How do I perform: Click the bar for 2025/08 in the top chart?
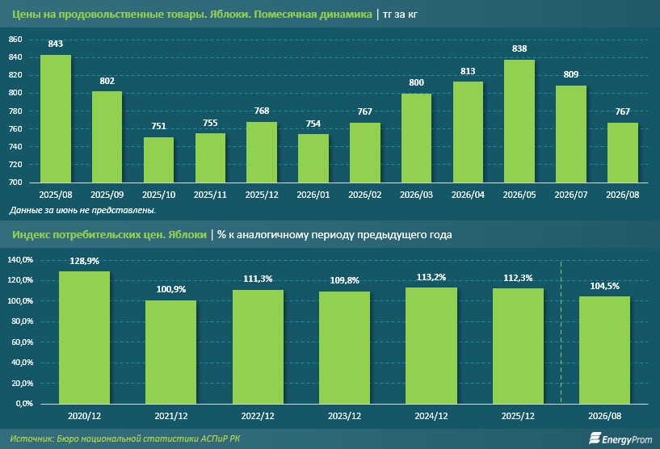point(56,119)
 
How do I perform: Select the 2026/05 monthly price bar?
point(519,121)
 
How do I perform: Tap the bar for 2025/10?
point(158,160)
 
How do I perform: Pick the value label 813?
point(468,71)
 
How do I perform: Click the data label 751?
point(158,126)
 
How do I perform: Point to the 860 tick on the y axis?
point(15,40)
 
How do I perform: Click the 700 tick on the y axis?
point(15,183)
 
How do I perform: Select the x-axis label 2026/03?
point(416,195)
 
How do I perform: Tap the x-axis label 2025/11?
point(210,195)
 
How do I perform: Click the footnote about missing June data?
point(82,210)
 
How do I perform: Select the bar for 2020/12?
point(84,338)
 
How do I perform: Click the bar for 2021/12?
point(171,352)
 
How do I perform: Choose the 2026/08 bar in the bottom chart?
point(604,350)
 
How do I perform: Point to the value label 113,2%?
point(431,277)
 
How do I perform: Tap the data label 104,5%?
point(604,286)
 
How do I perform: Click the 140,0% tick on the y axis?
point(20,260)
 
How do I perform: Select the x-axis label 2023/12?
point(344,416)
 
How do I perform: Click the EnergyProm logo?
point(620,439)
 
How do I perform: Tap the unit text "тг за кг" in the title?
point(401,15)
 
